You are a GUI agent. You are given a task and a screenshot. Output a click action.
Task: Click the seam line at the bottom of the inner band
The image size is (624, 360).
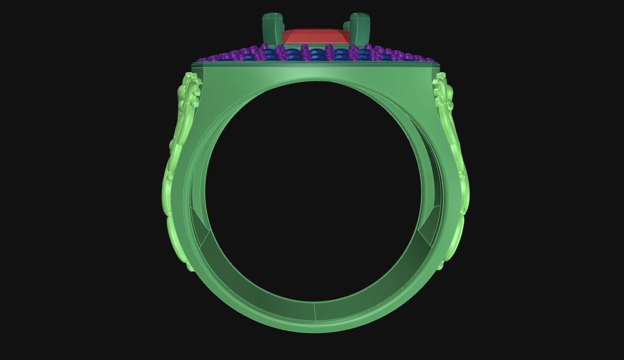(314, 310)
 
